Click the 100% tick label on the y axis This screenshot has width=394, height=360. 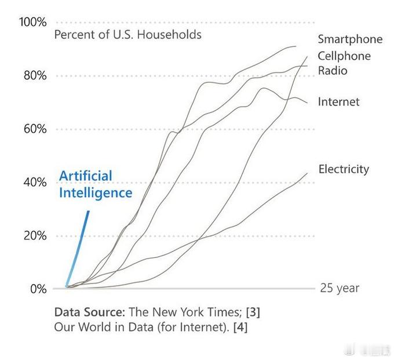[33, 22]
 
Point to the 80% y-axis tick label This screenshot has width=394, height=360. [35, 75]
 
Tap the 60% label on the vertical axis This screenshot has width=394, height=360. [35, 129]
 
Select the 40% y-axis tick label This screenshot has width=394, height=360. [35, 182]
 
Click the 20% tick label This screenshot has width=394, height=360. [35, 235]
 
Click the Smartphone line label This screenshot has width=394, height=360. [350, 39]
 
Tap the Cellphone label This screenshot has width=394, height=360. [344, 56]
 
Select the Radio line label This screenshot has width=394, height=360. [333, 71]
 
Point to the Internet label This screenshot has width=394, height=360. [338, 102]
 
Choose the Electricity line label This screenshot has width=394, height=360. [344, 169]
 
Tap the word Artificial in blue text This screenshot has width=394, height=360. [86, 176]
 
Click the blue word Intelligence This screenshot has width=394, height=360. [96, 192]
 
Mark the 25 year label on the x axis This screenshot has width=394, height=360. [340, 288]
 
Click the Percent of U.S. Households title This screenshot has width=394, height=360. [127, 35]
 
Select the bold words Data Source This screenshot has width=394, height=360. [89, 311]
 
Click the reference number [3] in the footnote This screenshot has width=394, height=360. [253, 311]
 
